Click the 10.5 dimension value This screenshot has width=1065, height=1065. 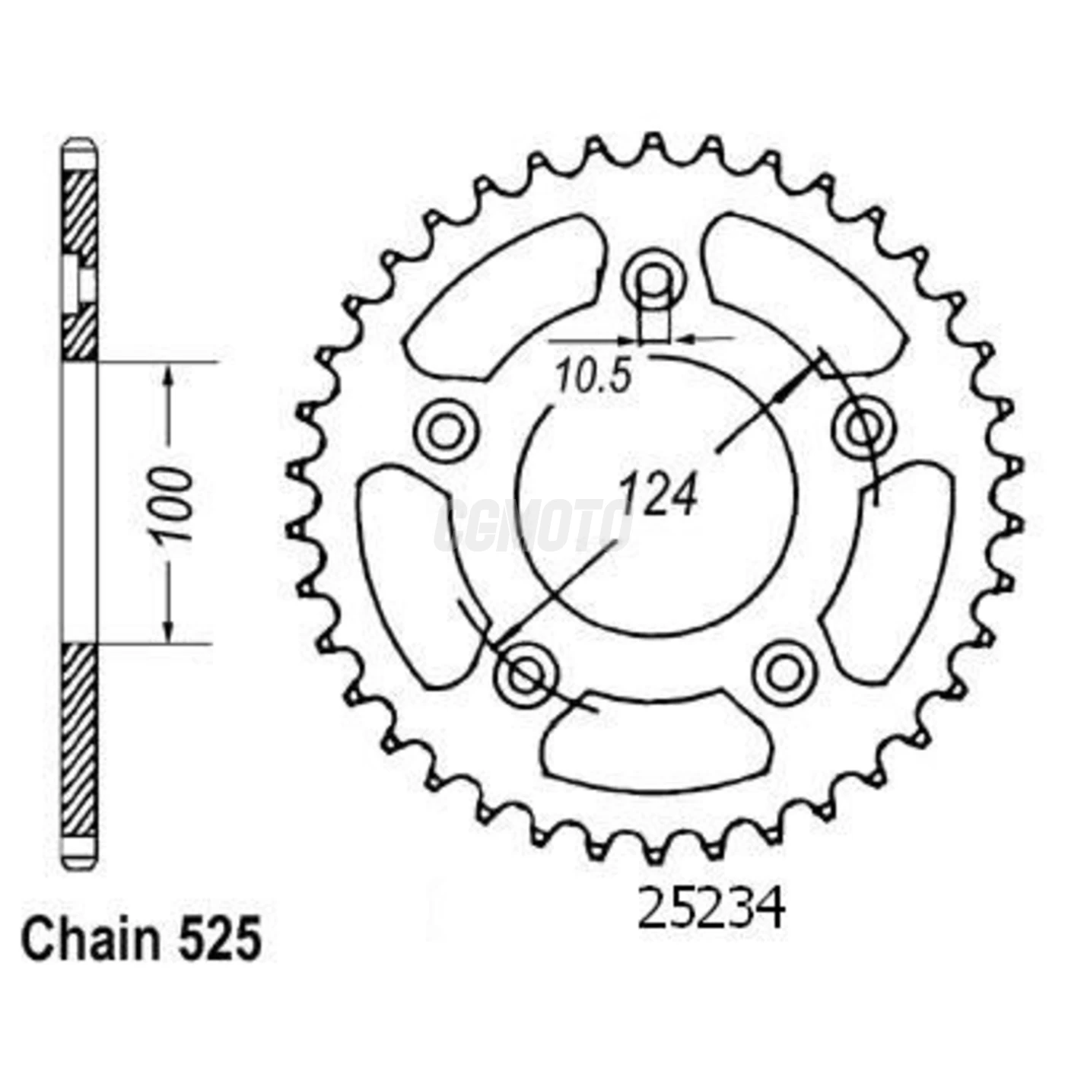point(593,376)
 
